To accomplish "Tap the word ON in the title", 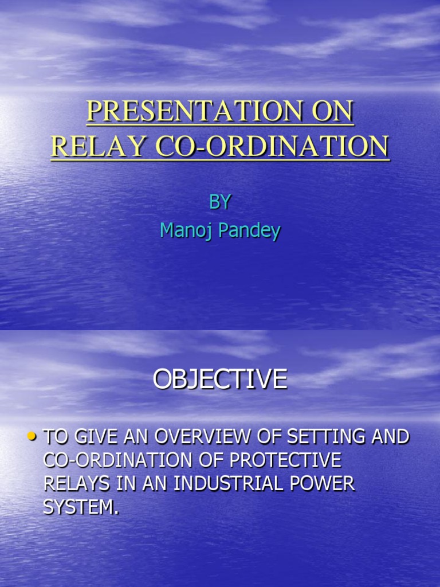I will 333,112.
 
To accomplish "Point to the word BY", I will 220,201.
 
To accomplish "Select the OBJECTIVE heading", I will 220,379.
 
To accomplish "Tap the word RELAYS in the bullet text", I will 77,484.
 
